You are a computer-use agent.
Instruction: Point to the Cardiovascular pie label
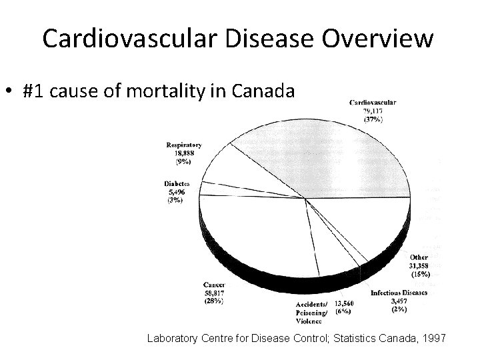coord(373,102)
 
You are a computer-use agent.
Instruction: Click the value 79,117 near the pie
coord(373,111)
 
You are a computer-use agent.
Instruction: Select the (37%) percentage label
coord(373,119)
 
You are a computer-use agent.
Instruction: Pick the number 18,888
coord(184,153)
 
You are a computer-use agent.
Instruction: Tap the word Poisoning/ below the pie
coord(312,312)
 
